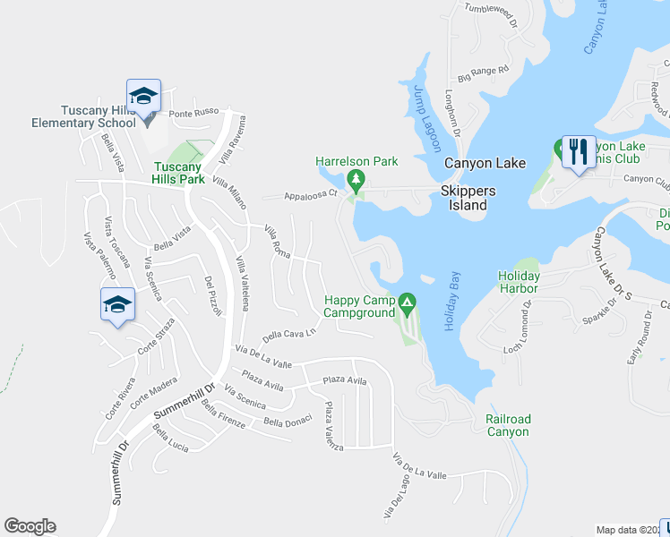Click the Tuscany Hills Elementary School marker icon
pos(143,96)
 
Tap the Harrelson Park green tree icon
pos(356,181)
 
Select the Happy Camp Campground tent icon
pos(407,305)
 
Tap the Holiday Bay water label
pos(452,302)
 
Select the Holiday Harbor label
pos(519,282)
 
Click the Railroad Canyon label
pos(508,425)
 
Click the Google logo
pos(30,526)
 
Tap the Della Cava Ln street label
pos(290,335)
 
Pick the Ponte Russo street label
pos(193,114)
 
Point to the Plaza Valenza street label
pos(333,426)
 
